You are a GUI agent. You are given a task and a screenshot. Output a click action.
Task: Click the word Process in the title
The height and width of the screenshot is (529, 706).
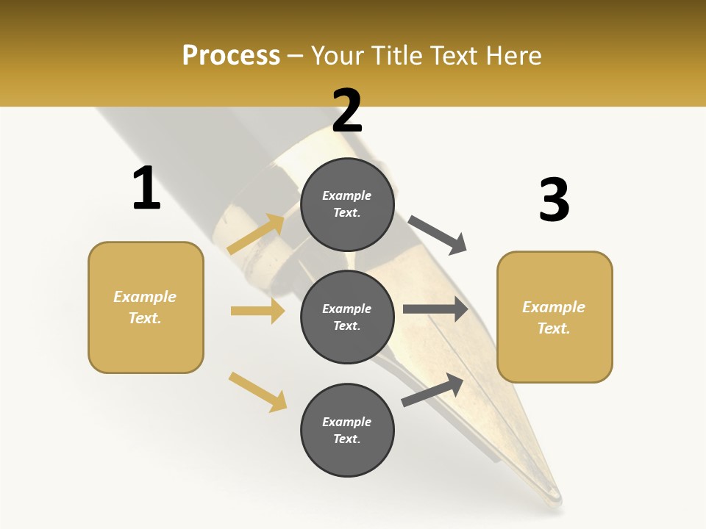pos(231,55)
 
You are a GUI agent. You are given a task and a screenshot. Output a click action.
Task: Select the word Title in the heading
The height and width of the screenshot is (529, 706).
pos(396,55)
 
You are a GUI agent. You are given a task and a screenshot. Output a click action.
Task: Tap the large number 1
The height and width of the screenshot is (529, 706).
pos(146,188)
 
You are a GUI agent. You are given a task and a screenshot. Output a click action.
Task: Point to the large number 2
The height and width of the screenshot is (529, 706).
pos(347,111)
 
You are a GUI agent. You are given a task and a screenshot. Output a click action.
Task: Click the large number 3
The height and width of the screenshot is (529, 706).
pos(554,200)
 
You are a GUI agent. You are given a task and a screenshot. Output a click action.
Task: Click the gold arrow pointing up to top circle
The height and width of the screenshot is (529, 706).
pos(257,234)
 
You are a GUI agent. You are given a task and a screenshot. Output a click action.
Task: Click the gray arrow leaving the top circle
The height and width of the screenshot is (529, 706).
pos(438,235)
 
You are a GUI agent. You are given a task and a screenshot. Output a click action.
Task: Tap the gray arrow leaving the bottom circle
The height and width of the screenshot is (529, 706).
pos(432,389)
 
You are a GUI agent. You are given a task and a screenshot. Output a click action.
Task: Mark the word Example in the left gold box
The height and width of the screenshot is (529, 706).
pos(145,297)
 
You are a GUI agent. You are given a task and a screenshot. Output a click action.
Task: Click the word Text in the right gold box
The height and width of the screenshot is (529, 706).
pos(553,328)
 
